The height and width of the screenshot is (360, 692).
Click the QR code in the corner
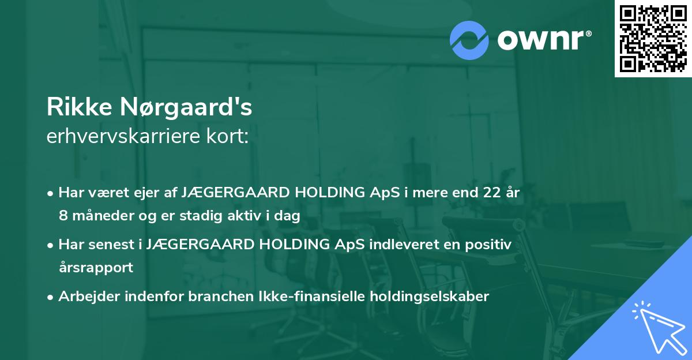tap(653, 38)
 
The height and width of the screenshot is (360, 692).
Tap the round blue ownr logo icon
tap(469, 40)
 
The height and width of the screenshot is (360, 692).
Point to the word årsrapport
tap(96, 268)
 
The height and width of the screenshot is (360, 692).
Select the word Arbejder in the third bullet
tap(86, 297)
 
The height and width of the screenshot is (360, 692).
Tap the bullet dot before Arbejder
tap(51, 297)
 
